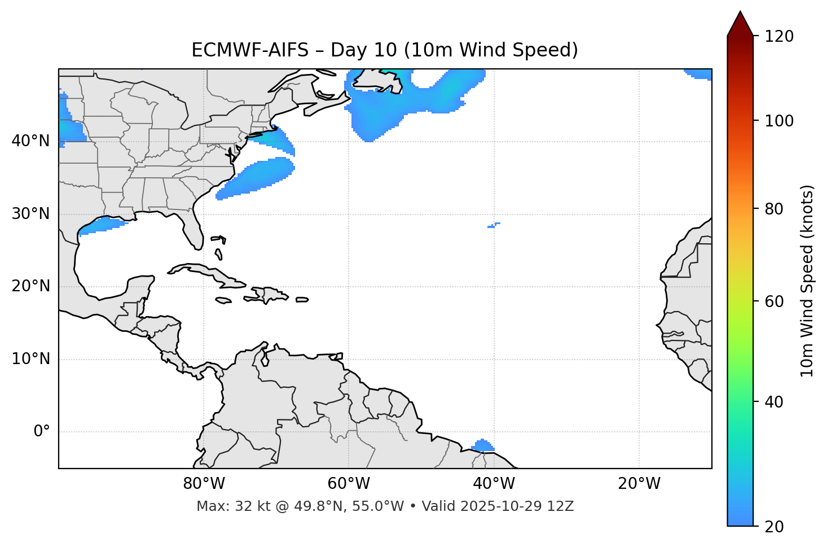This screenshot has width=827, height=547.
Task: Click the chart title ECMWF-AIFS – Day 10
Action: click(x=385, y=50)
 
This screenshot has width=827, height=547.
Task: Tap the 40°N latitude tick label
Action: click(x=30, y=141)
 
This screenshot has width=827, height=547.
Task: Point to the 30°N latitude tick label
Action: click(x=30, y=214)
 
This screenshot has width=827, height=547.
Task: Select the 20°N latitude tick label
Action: click(x=30, y=286)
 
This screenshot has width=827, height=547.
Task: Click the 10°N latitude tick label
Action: click(x=30, y=359)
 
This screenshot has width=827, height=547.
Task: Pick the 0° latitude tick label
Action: click(x=42, y=432)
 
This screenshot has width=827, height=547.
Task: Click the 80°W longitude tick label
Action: click(x=204, y=484)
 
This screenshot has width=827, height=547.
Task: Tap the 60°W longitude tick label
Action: click(x=349, y=484)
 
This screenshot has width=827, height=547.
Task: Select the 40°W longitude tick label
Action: click(x=494, y=484)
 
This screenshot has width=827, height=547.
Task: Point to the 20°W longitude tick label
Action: click(x=639, y=484)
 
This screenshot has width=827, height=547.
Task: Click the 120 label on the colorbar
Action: click(x=779, y=37)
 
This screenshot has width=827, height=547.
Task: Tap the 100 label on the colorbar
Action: click(x=779, y=121)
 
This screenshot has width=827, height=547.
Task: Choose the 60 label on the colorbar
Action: click(x=774, y=301)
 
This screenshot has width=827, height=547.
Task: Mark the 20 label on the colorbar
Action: click(x=774, y=527)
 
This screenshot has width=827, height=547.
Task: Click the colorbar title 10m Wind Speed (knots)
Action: click(x=807, y=281)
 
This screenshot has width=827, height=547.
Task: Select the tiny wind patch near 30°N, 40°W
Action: click(x=493, y=225)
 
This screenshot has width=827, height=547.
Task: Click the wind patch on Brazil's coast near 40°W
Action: click(x=482, y=446)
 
